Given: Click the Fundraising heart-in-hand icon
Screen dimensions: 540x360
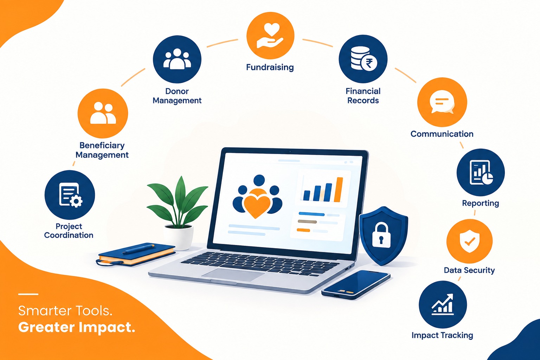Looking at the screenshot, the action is pyautogui.click(x=270, y=36).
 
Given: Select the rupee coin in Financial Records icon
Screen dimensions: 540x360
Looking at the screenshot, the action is pyautogui.click(x=369, y=63).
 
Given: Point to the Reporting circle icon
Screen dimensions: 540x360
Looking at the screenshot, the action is pyautogui.click(x=481, y=172).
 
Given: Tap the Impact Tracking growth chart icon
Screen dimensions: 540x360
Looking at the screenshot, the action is pyautogui.click(x=443, y=304).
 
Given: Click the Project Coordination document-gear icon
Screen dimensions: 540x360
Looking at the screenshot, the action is pyautogui.click(x=70, y=195).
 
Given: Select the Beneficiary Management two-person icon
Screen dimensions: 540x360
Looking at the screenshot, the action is pyautogui.click(x=103, y=113).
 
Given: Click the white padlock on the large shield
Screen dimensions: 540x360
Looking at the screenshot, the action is pyautogui.click(x=381, y=236).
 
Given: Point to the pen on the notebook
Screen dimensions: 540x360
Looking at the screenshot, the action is pyautogui.click(x=139, y=249).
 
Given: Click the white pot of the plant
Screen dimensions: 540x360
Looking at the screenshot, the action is pyautogui.click(x=178, y=237).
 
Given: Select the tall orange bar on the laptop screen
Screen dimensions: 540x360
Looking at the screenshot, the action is pyautogui.click(x=339, y=189).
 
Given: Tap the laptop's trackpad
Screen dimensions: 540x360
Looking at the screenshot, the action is pyautogui.click(x=233, y=275).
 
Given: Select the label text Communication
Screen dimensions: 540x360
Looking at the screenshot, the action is pyautogui.click(x=442, y=134).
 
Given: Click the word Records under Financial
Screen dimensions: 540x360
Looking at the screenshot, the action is pyautogui.click(x=363, y=100).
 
